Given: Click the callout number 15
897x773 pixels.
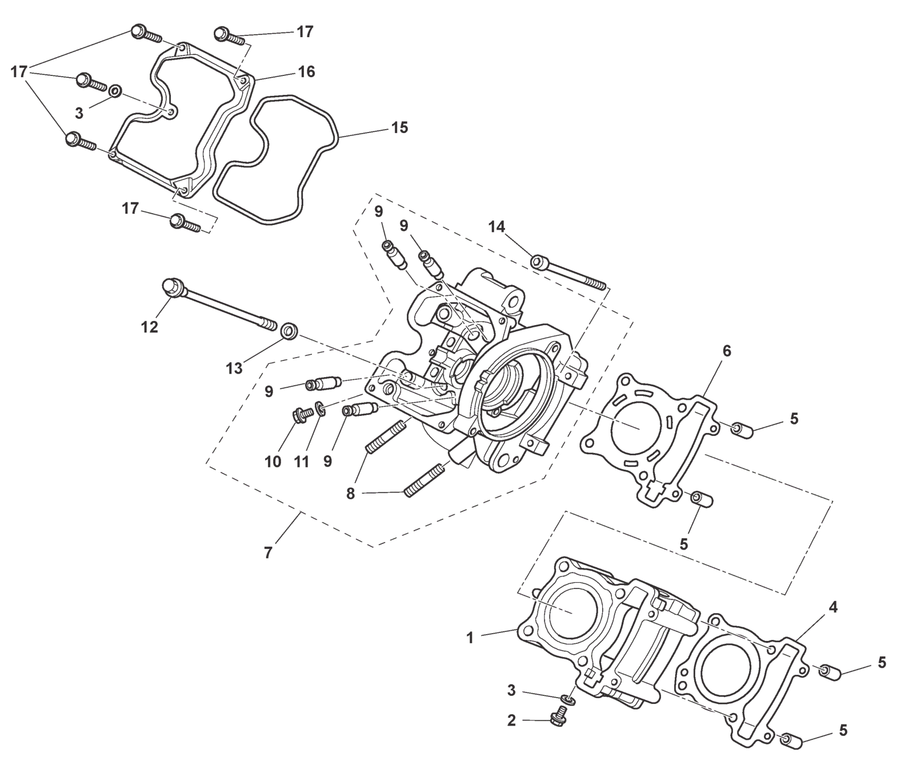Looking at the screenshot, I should coord(400,127).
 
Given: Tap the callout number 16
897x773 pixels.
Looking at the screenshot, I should coord(306,72).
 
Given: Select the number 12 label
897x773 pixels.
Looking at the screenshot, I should coord(150,327).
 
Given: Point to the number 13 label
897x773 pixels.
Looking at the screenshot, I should coord(234,369).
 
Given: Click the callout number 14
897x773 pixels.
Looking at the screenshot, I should coord(496,227).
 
